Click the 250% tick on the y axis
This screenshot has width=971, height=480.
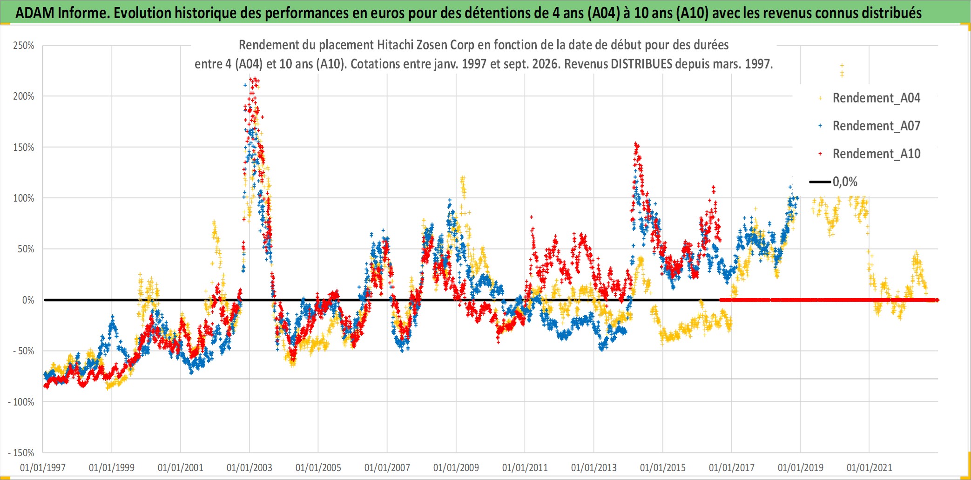coord(24,46)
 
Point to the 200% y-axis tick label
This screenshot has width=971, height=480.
coord(24,96)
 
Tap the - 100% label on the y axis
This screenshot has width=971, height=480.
coord(21,402)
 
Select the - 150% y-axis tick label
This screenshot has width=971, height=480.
coord(21,453)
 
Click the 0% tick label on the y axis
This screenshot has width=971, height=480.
coord(28,300)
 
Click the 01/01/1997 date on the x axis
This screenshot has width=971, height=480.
coord(43,467)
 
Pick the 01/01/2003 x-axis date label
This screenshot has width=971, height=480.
coord(249,467)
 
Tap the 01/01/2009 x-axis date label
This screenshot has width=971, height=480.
coord(456,467)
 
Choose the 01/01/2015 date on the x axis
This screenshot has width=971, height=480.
coord(663,467)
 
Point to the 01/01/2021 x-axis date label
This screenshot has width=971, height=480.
coord(870,467)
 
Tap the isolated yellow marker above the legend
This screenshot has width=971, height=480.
coord(842,70)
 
